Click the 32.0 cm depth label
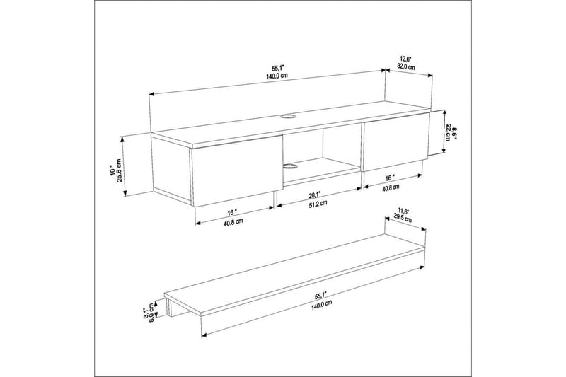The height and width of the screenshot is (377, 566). [x=405, y=66]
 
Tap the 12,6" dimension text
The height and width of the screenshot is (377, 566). [x=404, y=58]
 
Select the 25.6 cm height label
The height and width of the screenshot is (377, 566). [x=119, y=171]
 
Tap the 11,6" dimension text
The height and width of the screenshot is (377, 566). [x=403, y=210]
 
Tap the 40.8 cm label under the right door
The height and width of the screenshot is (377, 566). [x=391, y=187]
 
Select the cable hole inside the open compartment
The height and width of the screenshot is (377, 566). [x=291, y=168]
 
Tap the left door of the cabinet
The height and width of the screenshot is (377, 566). [x=233, y=173]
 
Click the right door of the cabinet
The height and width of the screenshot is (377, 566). [x=394, y=144]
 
